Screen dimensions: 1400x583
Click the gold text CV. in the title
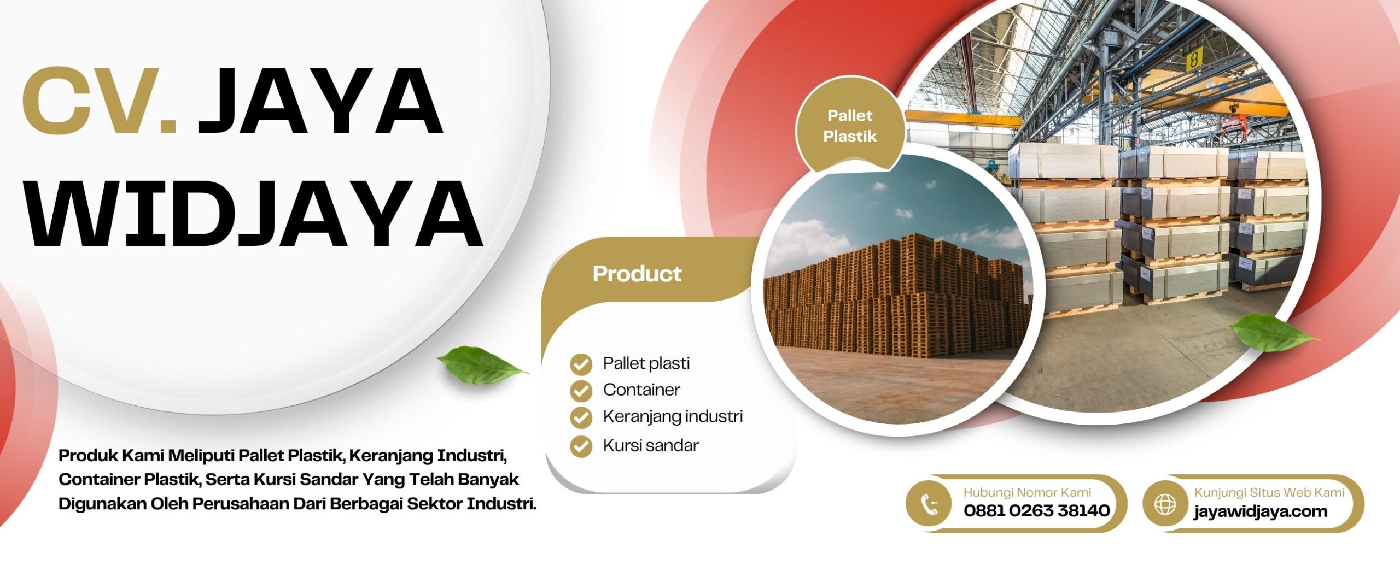pyautogui.click(x=100, y=101)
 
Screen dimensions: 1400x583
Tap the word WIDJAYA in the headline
pyautogui.click(x=255, y=214)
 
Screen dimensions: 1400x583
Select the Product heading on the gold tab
pyautogui.click(x=637, y=274)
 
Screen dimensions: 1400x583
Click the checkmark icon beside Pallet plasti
pyautogui.click(x=581, y=364)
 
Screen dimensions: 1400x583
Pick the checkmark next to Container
pyautogui.click(x=581, y=391)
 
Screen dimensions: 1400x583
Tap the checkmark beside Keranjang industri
pyautogui.click(x=581, y=417)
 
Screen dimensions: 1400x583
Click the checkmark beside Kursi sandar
pyautogui.click(x=581, y=446)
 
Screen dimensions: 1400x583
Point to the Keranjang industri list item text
pyautogui.click(x=673, y=417)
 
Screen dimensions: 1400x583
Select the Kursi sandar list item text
pyautogui.click(x=651, y=445)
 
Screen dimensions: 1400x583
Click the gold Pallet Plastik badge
pyautogui.click(x=849, y=126)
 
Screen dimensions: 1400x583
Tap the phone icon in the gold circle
pyautogui.click(x=929, y=504)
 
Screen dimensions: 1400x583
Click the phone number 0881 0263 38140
pyautogui.click(x=1036, y=510)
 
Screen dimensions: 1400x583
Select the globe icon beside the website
pyautogui.click(x=1165, y=504)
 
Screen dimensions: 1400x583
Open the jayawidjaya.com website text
pyautogui.click(x=1261, y=511)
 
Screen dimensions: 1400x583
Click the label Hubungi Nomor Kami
pyautogui.click(x=1027, y=492)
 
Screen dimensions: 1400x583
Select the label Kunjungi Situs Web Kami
pyautogui.click(x=1269, y=492)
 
